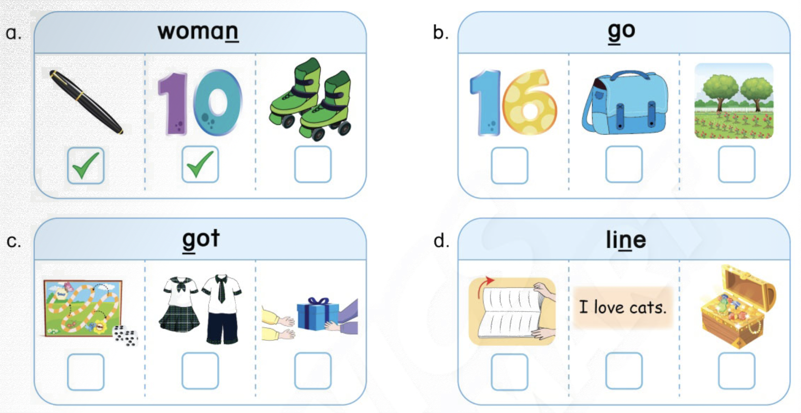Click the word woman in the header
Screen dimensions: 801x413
198,32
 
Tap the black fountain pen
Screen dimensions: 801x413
86,102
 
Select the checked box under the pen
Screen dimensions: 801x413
86,165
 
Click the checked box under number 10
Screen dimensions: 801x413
200,164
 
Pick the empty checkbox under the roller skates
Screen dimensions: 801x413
313,164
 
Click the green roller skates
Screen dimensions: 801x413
311,98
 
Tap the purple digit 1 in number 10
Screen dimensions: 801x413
173,104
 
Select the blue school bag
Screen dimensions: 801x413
625,102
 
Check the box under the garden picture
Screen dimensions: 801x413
737,164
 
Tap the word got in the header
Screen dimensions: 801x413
201,240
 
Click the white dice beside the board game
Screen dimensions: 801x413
126,336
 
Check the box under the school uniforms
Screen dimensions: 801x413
200,371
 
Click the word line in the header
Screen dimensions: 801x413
626,239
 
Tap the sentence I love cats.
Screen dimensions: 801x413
623,307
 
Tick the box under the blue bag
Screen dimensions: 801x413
624,164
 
